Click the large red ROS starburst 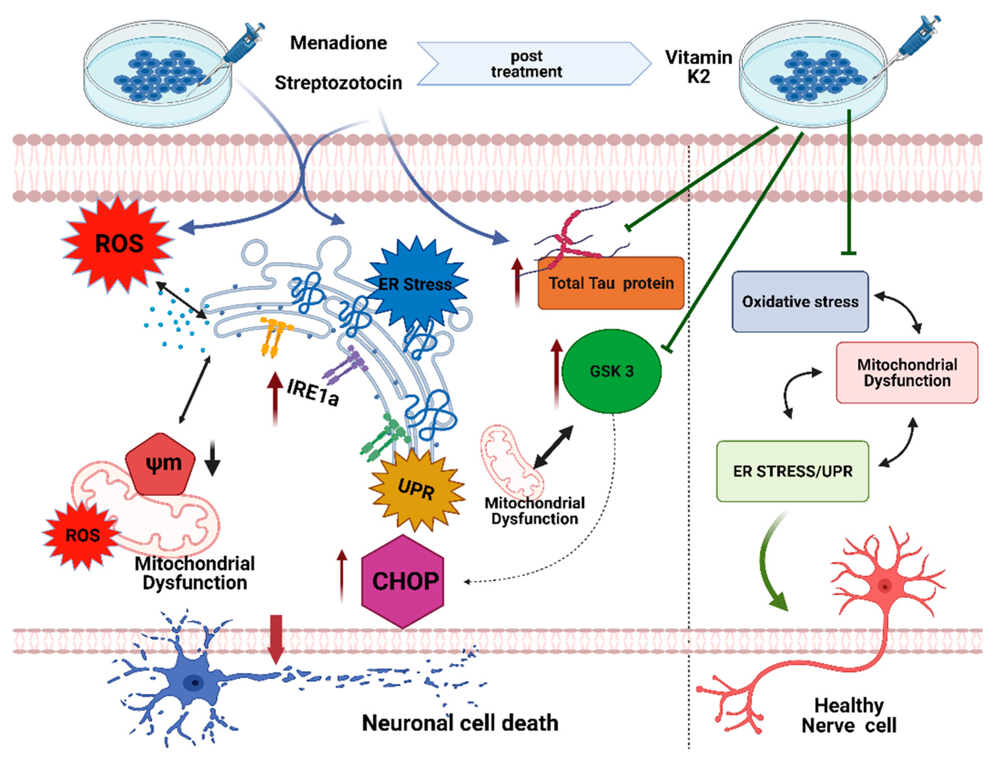(x=119, y=244)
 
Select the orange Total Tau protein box (x=611, y=283)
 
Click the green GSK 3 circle (x=612, y=371)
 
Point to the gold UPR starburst (x=416, y=489)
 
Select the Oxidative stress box (x=800, y=301)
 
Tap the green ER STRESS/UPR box (x=792, y=471)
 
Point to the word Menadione (x=338, y=43)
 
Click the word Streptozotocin (x=338, y=83)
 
